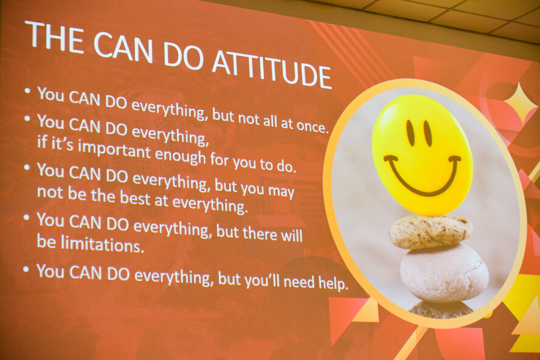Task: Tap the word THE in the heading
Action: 54,35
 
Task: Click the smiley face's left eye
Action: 411,133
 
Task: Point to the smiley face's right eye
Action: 427,134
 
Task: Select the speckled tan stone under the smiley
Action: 431,232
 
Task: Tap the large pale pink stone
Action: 444,273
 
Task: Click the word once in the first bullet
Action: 312,126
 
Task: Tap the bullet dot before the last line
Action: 27,269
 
